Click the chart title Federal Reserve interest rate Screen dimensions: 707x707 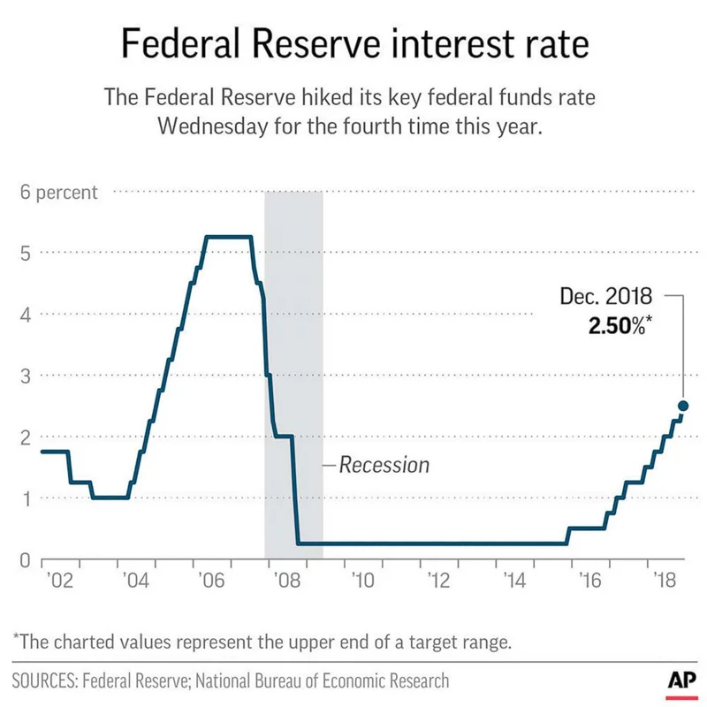pos(353,42)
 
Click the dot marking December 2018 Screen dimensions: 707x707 pos(683,406)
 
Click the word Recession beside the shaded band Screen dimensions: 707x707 pos(384,464)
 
